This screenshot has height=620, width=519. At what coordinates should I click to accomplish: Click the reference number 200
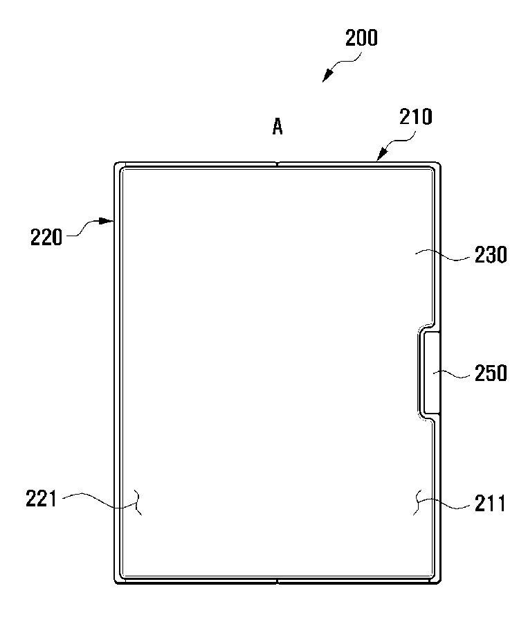[361, 38]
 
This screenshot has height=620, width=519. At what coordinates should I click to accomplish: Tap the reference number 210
[415, 117]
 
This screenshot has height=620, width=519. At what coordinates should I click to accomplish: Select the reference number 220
[46, 238]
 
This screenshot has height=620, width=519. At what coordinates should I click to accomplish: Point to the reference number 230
[491, 255]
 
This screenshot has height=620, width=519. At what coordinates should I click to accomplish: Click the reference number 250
[491, 373]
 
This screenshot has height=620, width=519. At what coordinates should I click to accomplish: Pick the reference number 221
[42, 498]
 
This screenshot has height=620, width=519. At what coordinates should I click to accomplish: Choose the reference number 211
[490, 504]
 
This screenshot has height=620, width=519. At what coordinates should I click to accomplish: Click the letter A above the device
[277, 127]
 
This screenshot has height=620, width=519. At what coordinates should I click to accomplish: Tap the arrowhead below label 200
[327, 76]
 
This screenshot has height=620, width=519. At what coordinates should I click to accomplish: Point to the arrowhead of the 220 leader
[107, 221]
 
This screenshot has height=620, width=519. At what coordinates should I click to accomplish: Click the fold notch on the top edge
[277, 163]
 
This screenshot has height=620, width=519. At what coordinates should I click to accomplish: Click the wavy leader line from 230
[442, 255]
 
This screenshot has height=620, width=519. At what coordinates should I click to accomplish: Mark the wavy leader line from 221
[101, 500]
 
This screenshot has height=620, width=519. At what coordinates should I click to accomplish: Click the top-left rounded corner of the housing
[116, 164]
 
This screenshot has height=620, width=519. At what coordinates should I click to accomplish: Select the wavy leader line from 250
[452, 373]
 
